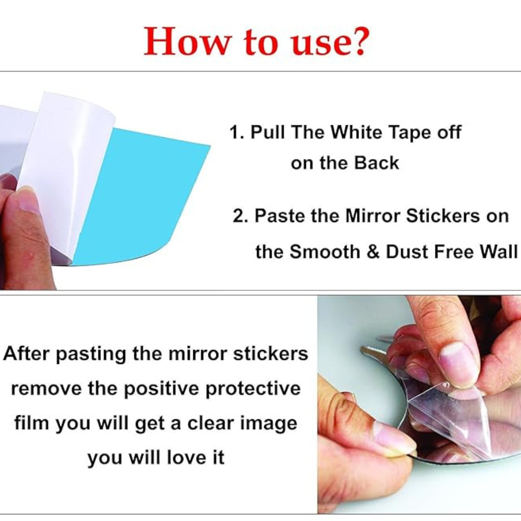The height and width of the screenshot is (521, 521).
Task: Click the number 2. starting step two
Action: (241, 216)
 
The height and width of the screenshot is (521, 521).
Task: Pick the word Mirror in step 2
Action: (373, 216)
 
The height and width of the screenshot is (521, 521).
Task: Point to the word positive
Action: (162, 389)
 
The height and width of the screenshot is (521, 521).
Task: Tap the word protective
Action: (253, 389)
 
